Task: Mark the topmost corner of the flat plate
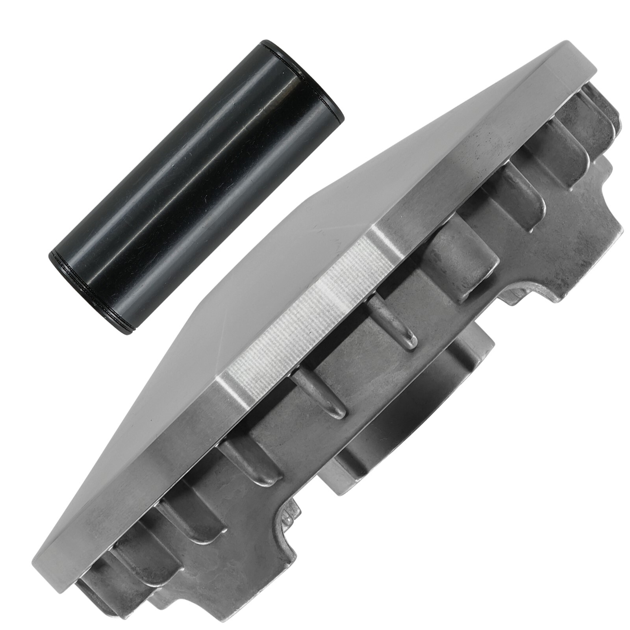pos(567,43)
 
